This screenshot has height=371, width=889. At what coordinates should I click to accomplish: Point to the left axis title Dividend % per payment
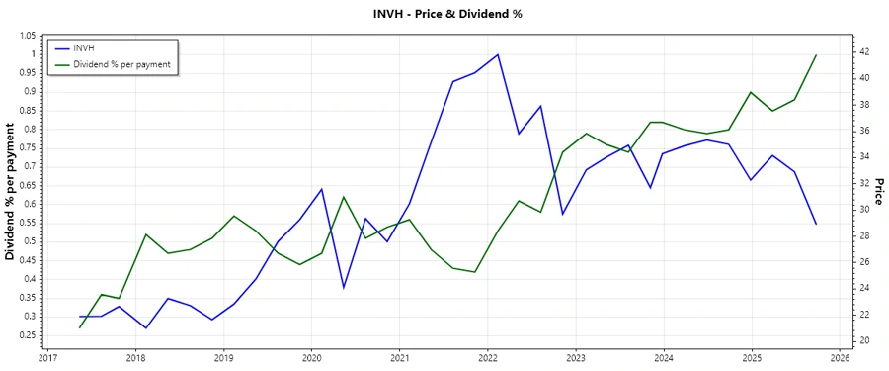pos(11,192)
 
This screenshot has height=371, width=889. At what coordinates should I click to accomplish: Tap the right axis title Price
pos(878,192)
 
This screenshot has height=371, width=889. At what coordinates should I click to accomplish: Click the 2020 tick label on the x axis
pos(311,359)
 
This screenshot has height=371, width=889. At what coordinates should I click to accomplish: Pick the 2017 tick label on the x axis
pos(48,359)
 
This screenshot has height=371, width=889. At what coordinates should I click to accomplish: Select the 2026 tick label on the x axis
pos(839,359)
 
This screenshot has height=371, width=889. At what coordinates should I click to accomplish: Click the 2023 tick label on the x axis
pos(576,359)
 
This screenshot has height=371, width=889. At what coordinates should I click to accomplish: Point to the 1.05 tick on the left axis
pos(26,36)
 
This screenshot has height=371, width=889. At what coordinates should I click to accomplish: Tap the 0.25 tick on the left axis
pos(26,335)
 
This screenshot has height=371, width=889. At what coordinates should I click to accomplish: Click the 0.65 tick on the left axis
pos(26,185)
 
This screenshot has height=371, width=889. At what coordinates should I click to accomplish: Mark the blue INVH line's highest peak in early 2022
pos(498,54)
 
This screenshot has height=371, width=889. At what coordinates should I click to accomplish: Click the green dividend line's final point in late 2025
pos(816,55)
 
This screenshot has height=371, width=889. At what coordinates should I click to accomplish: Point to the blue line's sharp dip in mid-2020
pos(344,288)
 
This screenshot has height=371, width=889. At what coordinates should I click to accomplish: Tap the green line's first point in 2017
pos(80,327)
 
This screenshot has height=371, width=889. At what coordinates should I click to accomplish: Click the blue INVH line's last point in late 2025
pos(816,224)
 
